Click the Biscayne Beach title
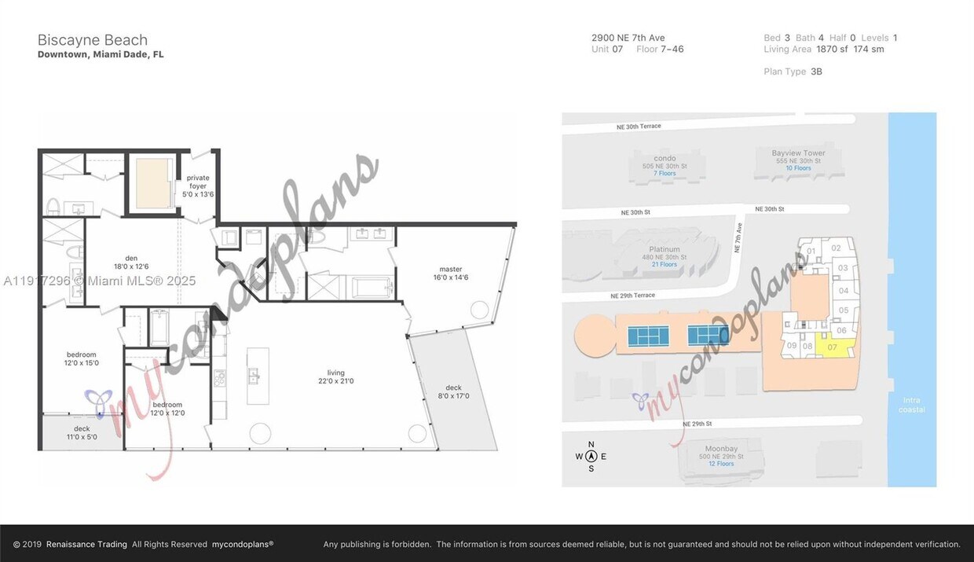[93, 40]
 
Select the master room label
[451, 273]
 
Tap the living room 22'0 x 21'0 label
[336, 377]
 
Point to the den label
[131, 262]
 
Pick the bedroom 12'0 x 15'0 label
[82, 358]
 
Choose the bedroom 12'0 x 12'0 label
[167, 409]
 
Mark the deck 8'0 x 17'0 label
[453, 391]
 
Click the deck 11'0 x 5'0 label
[82, 432]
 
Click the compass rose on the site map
[591, 457]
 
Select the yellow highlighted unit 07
[834, 347]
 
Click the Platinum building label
[664, 250]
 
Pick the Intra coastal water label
[912, 405]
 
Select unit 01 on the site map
[811, 252]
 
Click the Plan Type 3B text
[793, 72]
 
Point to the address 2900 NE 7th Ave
[628, 38]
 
